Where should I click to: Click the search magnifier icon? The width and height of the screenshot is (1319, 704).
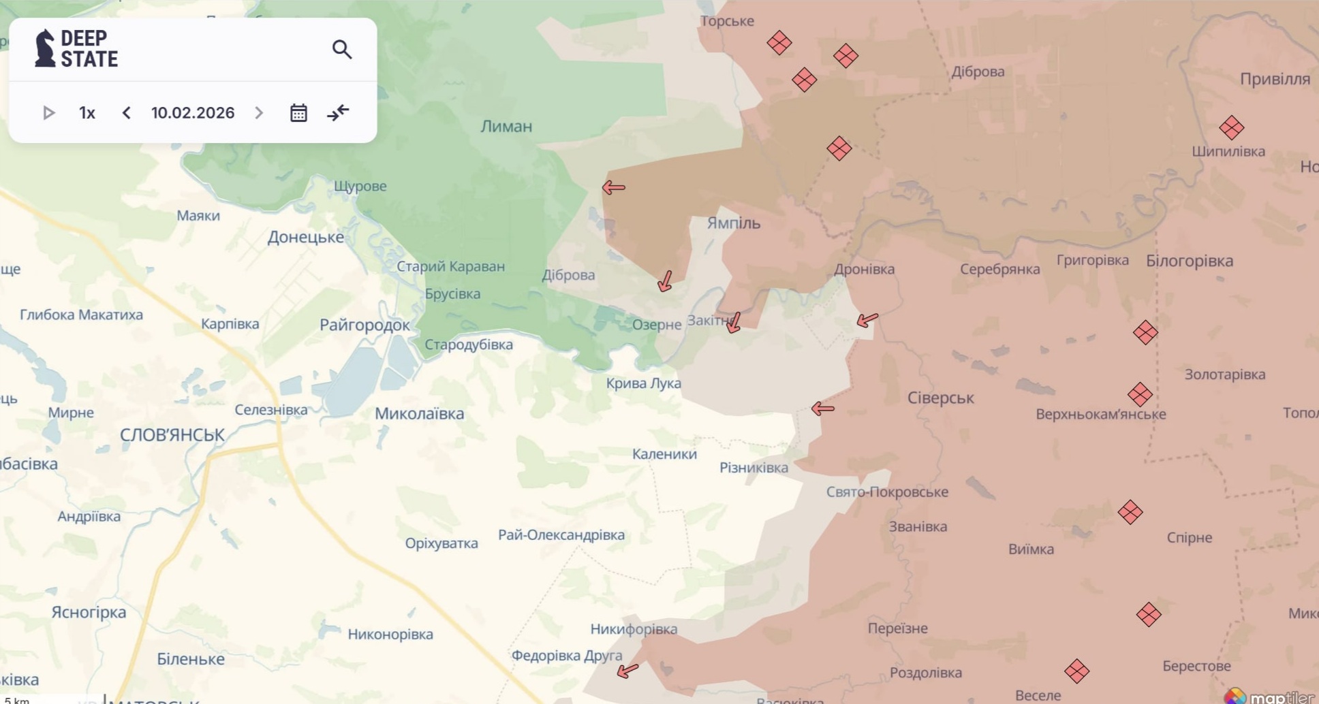(x=342, y=50)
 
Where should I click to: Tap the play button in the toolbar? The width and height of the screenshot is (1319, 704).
(x=48, y=113)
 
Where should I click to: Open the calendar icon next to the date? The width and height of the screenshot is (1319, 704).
(x=298, y=113)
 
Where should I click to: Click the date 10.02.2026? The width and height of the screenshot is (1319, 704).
(x=193, y=113)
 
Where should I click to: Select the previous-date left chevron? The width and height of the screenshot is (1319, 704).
(x=126, y=113)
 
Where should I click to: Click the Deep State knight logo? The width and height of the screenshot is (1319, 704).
(x=45, y=48)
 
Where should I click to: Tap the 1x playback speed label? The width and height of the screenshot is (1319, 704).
(x=87, y=113)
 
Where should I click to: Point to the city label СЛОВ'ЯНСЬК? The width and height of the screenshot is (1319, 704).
(x=172, y=435)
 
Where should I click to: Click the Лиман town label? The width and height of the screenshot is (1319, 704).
(x=506, y=126)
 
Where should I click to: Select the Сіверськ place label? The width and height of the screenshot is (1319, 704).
(x=940, y=398)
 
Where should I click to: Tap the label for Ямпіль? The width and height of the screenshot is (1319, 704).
(x=733, y=223)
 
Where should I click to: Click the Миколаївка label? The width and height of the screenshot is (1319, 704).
(x=419, y=413)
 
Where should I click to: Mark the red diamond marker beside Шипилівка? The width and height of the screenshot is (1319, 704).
(x=1231, y=127)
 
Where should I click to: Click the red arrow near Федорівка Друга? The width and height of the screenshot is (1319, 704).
(x=627, y=671)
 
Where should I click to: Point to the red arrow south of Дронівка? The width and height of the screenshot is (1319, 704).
(x=867, y=319)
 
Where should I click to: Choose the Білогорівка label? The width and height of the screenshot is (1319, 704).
(x=1189, y=261)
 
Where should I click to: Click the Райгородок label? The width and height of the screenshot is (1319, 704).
(x=364, y=325)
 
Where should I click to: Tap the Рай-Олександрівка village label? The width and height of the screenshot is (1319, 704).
(x=561, y=534)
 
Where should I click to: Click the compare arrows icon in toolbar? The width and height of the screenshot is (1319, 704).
(x=338, y=113)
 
